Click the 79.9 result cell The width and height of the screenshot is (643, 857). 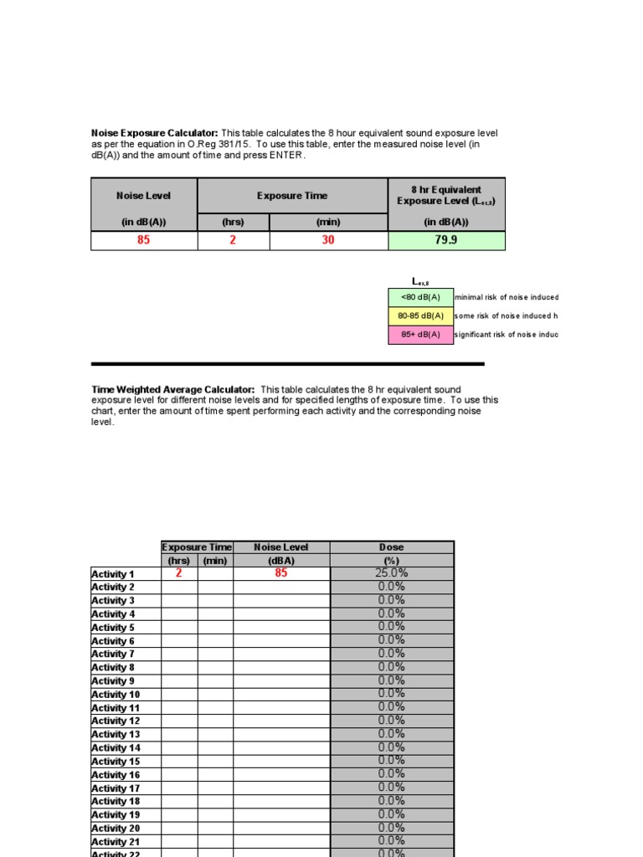coord(446,240)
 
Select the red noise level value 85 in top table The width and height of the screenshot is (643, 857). coord(144,240)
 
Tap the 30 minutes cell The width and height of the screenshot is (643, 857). coord(328,240)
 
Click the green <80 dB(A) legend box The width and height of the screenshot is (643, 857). coord(419,297)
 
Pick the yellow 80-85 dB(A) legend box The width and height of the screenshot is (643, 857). coord(419,316)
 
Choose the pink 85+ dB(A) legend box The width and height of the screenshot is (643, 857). coord(419,335)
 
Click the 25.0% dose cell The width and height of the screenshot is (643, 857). coord(392,573)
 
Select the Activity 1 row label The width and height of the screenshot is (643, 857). coord(113,574)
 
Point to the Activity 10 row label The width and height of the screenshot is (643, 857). coord(116,695)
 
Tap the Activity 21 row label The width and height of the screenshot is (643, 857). coord(116,842)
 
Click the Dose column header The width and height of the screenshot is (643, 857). coord(392,547)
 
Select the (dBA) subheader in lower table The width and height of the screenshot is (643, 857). coord(281,561)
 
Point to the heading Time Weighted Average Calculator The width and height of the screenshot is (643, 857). coord(172,390)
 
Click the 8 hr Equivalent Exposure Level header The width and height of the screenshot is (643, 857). coord(446,195)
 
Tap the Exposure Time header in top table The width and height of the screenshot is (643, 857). coord(292,195)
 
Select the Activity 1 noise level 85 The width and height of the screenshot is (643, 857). coord(281,573)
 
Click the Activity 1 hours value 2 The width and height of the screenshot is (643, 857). coord(178,573)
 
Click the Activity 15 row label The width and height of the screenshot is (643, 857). coord(116,762)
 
